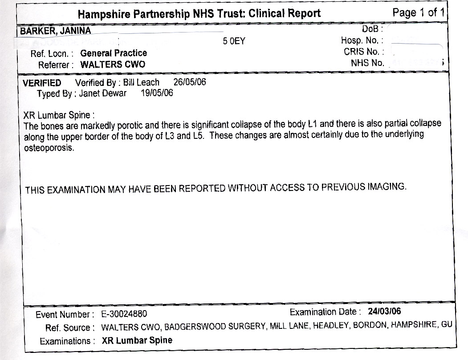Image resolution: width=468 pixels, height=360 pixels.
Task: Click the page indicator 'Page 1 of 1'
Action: click(x=418, y=13)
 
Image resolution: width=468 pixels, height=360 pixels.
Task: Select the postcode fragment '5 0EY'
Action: click(x=234, y=42)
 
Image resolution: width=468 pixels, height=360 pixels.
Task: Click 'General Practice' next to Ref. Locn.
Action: click(x=114, y=53)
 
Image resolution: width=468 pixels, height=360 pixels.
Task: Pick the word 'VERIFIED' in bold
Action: click(x=42, y=83)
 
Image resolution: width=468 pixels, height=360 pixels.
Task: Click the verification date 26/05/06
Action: click(x=189, y=82)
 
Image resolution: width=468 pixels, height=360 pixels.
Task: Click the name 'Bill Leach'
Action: click(x=141, y=83)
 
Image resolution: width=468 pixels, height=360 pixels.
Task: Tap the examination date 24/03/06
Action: click(x=385, y=311)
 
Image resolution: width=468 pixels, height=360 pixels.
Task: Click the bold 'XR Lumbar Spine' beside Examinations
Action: click(x=137, y=341)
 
